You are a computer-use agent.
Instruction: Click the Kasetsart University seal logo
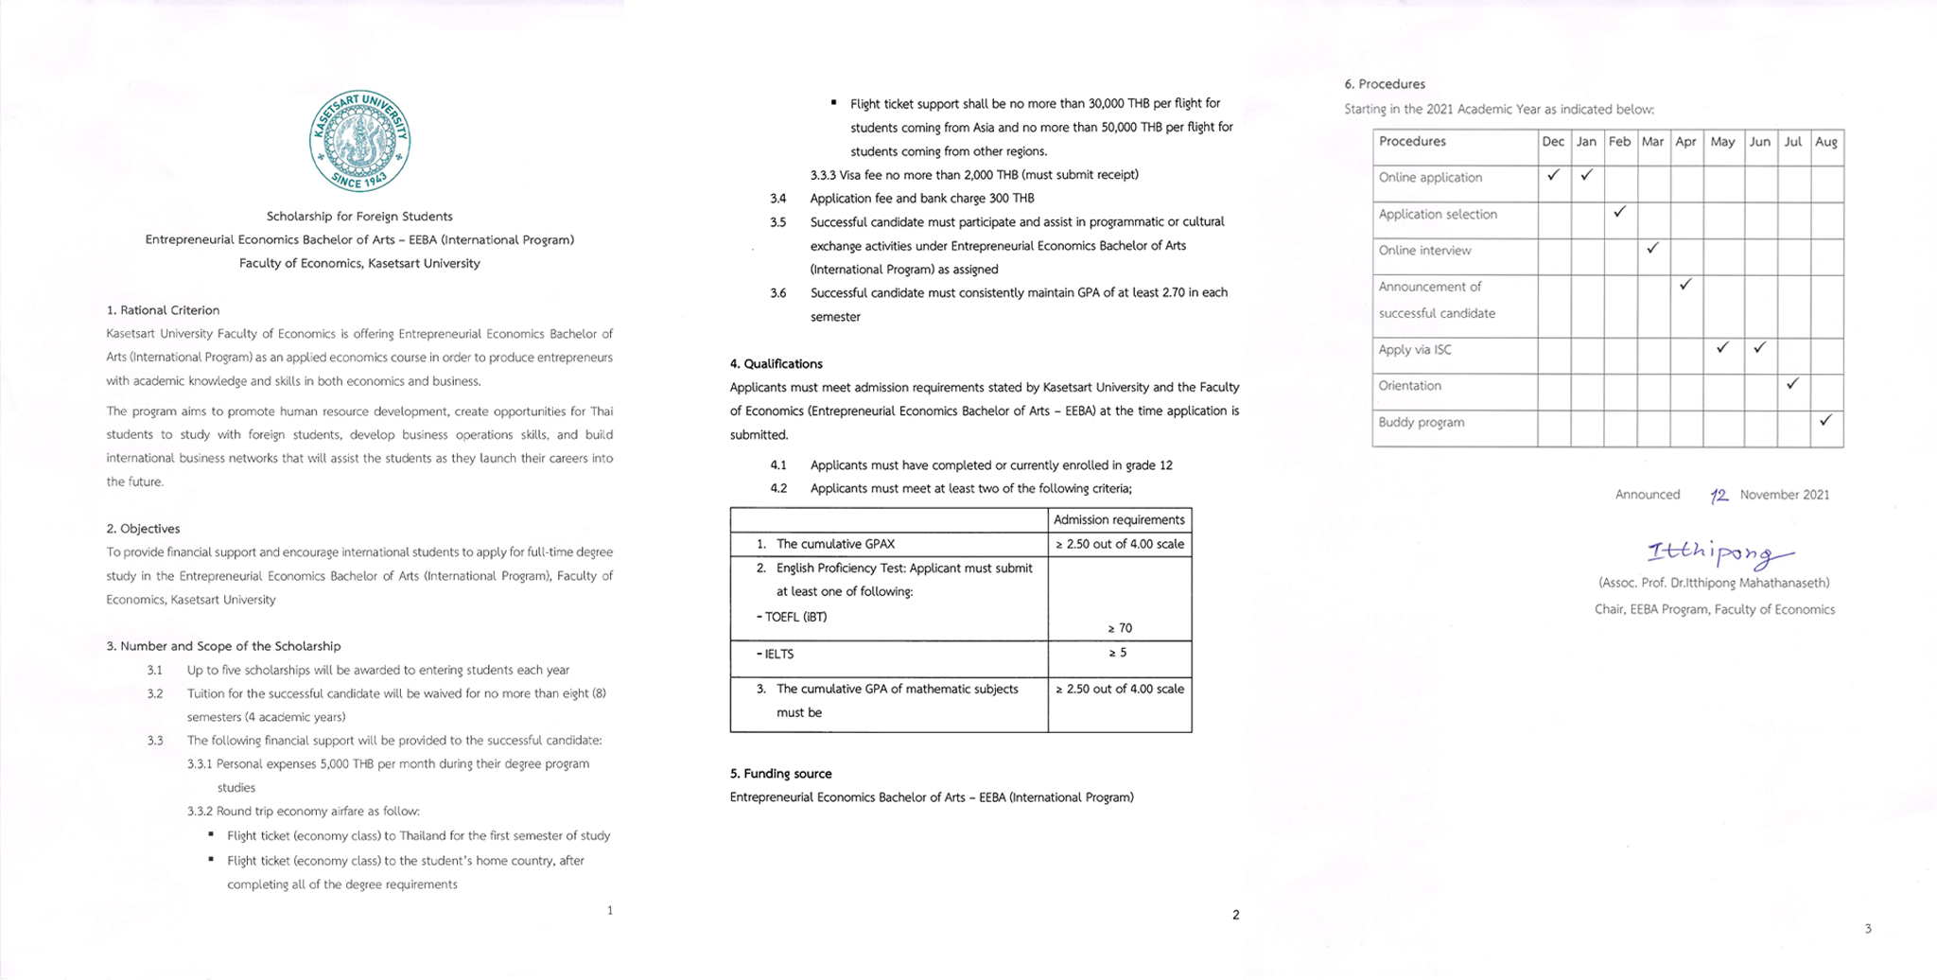tap(359, 141)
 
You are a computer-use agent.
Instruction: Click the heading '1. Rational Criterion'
tap(163, 310)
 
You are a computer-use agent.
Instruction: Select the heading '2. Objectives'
tap(143, 529)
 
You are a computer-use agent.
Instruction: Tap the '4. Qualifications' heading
tap(776, 364)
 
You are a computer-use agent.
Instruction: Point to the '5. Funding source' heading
tap(780, 774)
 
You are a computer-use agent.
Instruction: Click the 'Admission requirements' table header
tap(1119, 520)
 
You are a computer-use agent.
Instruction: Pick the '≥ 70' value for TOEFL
tap(1120, 628)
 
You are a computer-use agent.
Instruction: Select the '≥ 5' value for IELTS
tap(1118, 653)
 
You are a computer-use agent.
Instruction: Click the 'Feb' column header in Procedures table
tap(1619, 142)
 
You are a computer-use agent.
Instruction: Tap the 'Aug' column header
tap(1826, 142)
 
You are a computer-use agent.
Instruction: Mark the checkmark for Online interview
tap(1652, 249)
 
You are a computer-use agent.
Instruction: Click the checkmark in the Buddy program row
tap(1825, 420)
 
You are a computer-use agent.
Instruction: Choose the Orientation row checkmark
tap(1792, 383)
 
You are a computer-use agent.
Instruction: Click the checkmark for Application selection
tap(1619, 212)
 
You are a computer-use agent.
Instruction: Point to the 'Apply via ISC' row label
tap(1415, 350)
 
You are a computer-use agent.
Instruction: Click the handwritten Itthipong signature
tap(1719, 553)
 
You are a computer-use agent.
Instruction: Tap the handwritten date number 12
tap(1719, 496)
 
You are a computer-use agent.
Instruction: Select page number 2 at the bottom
tap(1235, 915)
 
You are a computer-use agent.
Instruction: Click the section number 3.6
tap(777, 293)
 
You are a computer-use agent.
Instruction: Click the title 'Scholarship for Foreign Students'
tap(359, 217)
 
